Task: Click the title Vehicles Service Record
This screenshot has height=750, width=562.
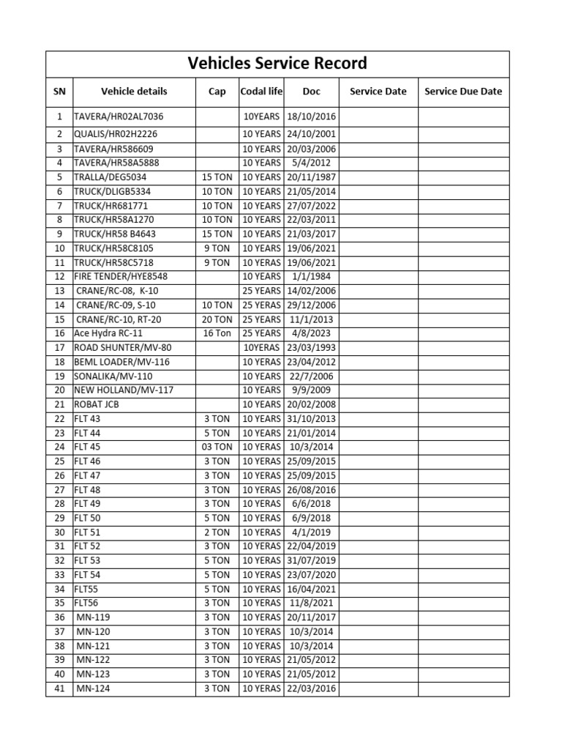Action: pos(277,63)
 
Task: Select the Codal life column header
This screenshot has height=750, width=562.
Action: pos(261,92)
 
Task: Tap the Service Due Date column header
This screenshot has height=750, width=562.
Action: pos(463,92)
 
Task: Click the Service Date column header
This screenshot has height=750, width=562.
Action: pos(378,92)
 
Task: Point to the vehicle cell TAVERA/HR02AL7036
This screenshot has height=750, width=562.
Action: pos(119,116)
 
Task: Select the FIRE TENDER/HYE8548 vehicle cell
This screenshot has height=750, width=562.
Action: pos(121,276)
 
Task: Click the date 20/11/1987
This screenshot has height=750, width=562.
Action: pos(311,177)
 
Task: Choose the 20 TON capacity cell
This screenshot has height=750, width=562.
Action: pos(217,319)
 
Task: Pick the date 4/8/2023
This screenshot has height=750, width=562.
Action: pos(311,333)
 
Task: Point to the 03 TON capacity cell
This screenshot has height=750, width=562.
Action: pos(217,447)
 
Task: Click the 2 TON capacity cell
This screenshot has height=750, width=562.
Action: pos(217,532)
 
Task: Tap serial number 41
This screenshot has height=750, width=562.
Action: pos(59,688)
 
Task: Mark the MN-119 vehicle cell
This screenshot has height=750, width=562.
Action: pos(94,617)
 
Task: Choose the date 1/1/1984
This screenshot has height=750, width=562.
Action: pos(311,276)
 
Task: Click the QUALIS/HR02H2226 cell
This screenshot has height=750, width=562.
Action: pos(116,135)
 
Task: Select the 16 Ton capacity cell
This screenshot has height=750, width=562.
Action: pos(217,333)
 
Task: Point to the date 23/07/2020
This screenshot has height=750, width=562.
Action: pos(311,575)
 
